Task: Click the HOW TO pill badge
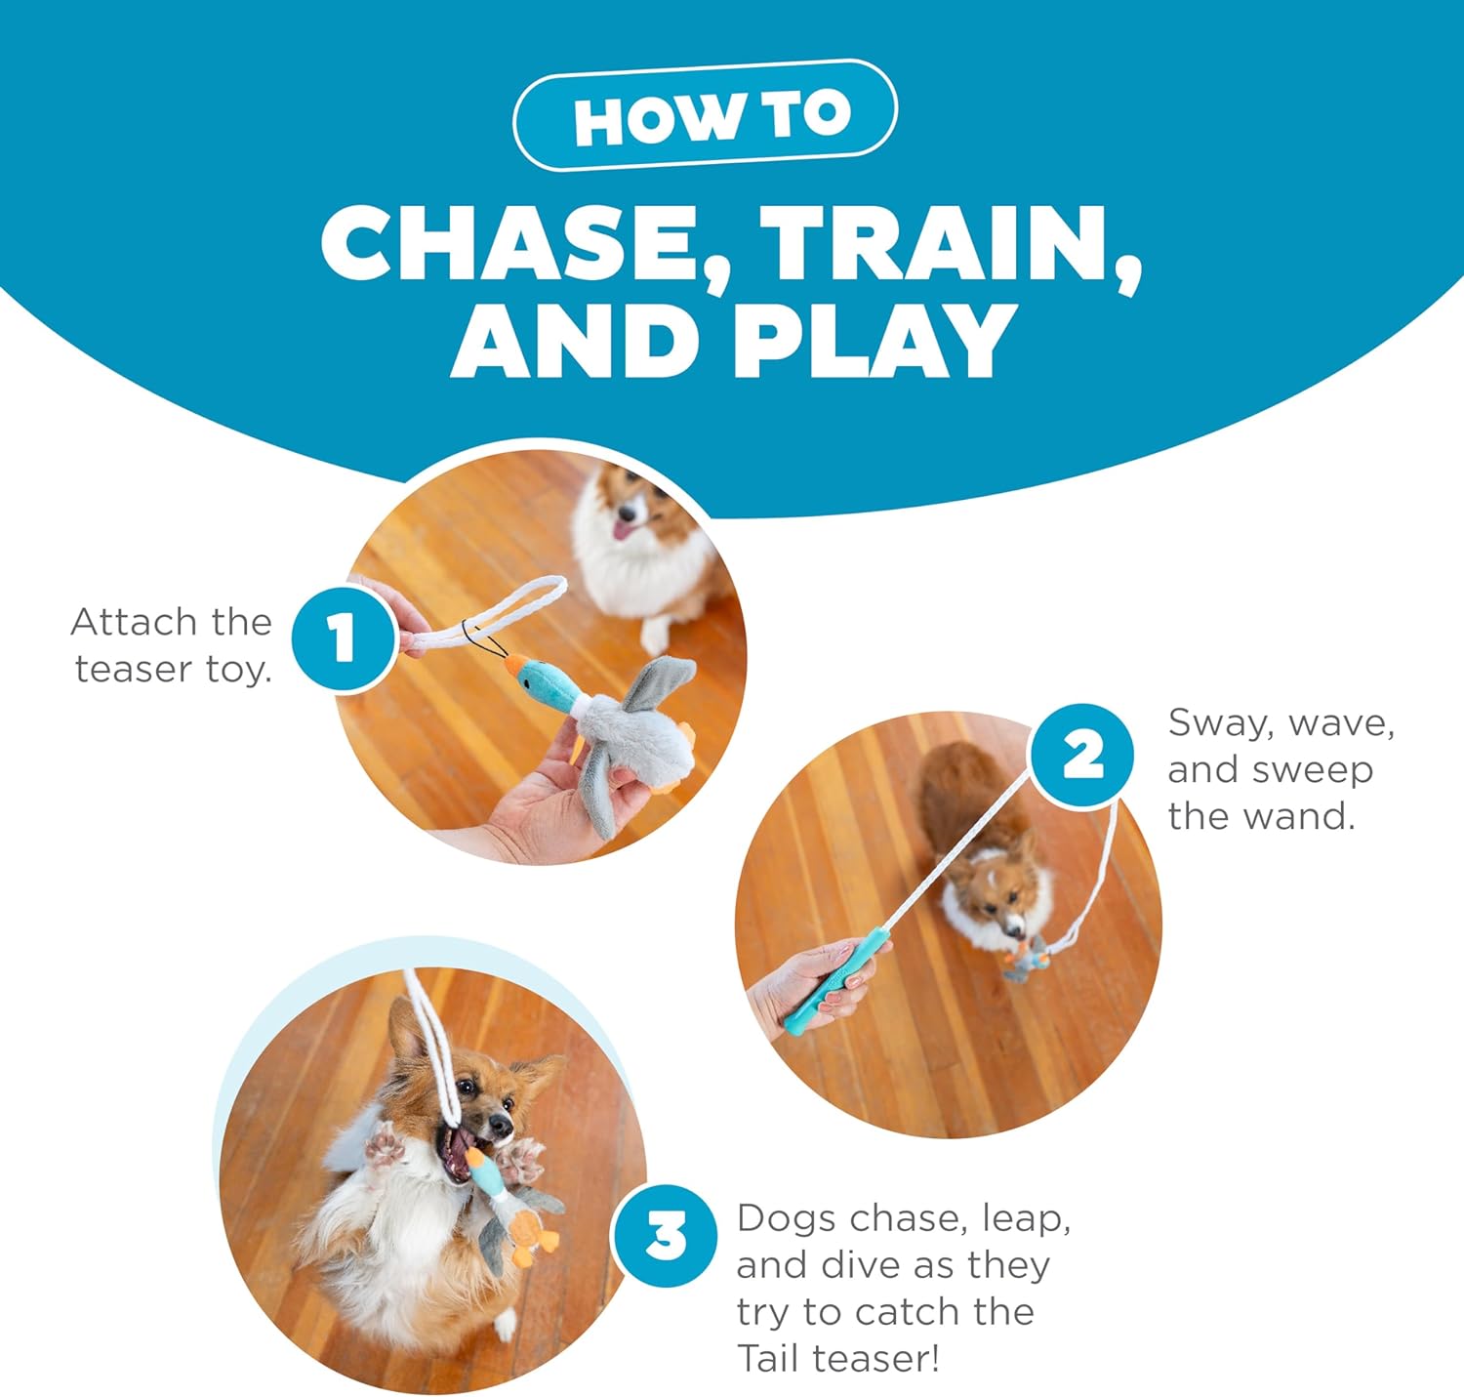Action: click(x=705, y=115)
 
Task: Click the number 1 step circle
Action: click(x=344, y=638)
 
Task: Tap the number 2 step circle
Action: click(x=1082, y=757)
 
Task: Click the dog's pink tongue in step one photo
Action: click(x=621, y=530)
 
